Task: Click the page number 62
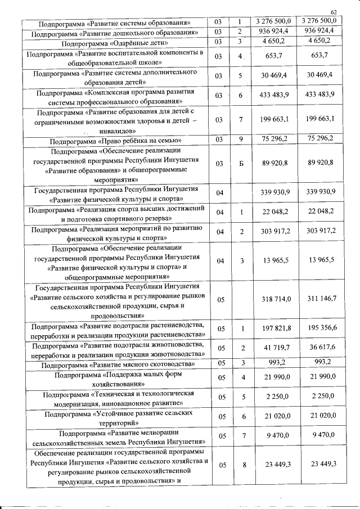pos(334,12)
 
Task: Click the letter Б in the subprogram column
pos(240,163)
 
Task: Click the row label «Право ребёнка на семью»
pos(115,140)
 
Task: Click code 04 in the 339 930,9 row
pos(220,193)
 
